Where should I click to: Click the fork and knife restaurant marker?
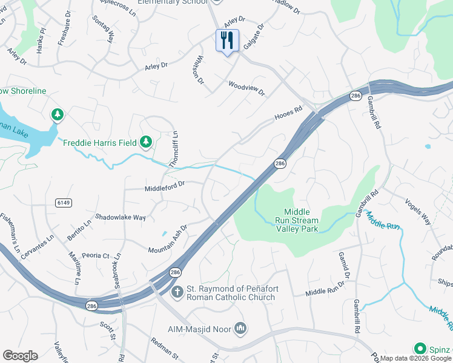227,41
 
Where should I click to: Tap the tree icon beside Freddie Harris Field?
145,142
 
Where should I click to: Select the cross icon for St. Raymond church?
177,293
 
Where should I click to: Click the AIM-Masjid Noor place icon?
240,329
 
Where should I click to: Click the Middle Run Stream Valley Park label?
297,220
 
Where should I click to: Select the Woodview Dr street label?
246,88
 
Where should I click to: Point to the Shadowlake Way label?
121,217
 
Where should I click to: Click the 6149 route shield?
62,201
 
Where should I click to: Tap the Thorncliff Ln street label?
174,149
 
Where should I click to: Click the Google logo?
20,356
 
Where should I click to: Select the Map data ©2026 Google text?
415,358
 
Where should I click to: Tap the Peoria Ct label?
97,256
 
